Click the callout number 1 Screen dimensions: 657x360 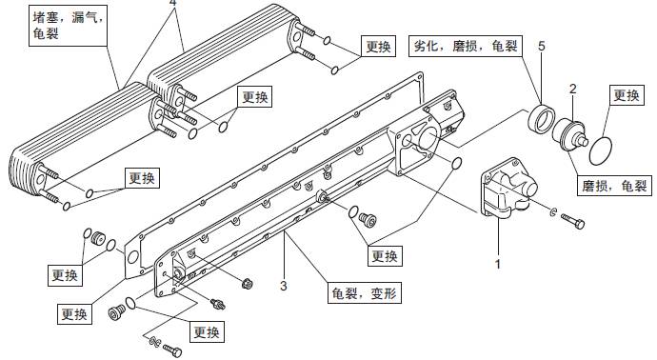point(498,264)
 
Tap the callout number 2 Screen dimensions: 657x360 point(573,89)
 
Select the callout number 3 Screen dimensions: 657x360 point(284,286)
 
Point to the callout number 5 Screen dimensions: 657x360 point(542,46)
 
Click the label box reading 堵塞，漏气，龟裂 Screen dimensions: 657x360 point(69,26)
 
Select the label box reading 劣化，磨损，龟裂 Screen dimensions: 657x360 point(466,46)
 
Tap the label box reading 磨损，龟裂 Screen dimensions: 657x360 point(614,186)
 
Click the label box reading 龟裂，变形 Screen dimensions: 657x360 point(364,292)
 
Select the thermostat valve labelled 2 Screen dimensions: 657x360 point(569,135)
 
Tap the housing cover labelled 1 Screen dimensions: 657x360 point(507,188)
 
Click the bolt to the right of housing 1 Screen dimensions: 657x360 point(573,221)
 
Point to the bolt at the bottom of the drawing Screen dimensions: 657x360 point(172,350)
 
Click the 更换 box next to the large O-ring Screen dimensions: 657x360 point(627,95)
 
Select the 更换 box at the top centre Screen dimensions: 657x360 point(378,46)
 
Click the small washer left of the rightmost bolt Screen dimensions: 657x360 point(553,212)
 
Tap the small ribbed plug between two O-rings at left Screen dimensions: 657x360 point(98,238)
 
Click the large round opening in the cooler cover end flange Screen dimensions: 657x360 point(428,138)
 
